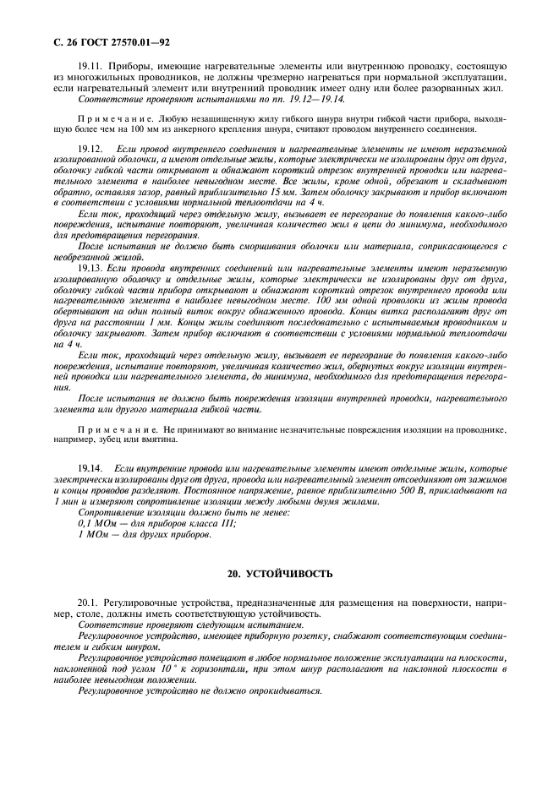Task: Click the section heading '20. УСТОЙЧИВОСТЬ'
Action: [x=279, y=574]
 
